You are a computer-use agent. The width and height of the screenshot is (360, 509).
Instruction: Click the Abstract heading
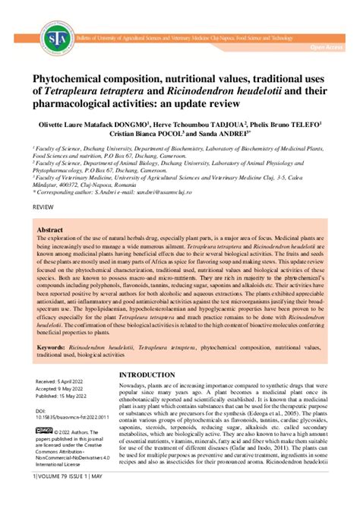point(50,229)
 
